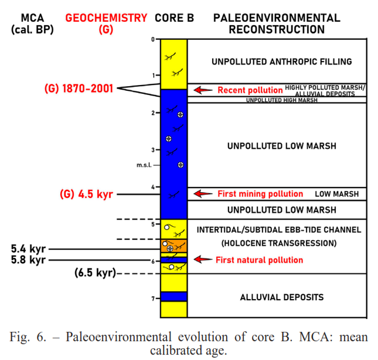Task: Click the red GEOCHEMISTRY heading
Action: [106, 18]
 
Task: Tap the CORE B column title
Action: [174, 18]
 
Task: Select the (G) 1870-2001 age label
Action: [79, 89]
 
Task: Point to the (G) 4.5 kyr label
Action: [86, 194]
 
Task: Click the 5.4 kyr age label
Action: [28, 249]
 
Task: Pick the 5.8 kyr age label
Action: [28, 260]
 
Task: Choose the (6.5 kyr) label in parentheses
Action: [95, 273]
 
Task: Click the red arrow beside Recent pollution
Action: [203, 90]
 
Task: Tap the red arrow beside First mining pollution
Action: [203, 193]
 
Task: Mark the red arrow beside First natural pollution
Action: [203, 260]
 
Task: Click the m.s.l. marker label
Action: [144, 165]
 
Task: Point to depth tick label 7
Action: [153, 299]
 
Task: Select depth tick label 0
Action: [153, 39]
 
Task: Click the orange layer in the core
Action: [174, 246]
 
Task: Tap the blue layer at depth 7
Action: [174, 297]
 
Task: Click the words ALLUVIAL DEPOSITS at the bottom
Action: [282, 297]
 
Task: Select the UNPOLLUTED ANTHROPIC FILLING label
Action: [282, 62]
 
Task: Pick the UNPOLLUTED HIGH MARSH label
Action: [282, 100]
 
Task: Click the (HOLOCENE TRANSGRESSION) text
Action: [279, 243]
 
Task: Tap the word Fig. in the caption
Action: [19, 337]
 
